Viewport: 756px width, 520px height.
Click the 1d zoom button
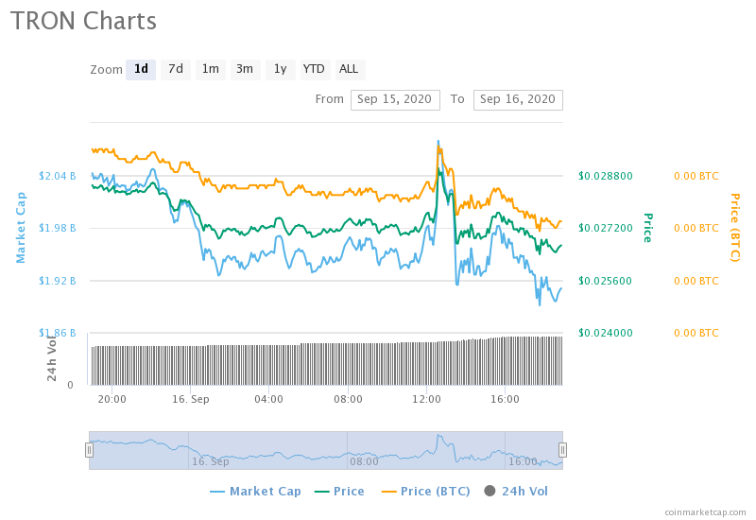(141, 69)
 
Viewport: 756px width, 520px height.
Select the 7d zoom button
(176, 69)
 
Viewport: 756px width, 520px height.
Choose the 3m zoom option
(245, 69)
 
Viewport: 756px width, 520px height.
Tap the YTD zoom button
(314, 69)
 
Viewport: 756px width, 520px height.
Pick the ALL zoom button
(349, 69)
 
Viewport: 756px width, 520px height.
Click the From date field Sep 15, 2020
(395, 100)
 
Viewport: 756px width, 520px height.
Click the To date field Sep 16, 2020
(518, 100)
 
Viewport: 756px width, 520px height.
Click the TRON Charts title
(83, 21)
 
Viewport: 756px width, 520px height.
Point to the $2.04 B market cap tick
(58, 176)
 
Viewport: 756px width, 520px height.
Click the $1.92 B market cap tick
(58, 281)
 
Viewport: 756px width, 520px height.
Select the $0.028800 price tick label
(606, 176)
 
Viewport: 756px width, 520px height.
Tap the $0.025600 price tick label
(606, 281)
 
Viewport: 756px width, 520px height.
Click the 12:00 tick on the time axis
(427, 399)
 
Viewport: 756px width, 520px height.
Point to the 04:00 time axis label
(268, 399)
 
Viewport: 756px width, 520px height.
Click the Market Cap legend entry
(255, 492)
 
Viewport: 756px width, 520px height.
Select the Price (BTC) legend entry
(426, 492)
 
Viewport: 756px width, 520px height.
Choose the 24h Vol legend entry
(516, 492)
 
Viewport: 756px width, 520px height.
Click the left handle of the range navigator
(89, 450)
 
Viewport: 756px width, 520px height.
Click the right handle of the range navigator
(562, 450)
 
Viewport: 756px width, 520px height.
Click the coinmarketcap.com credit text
(705, 512)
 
